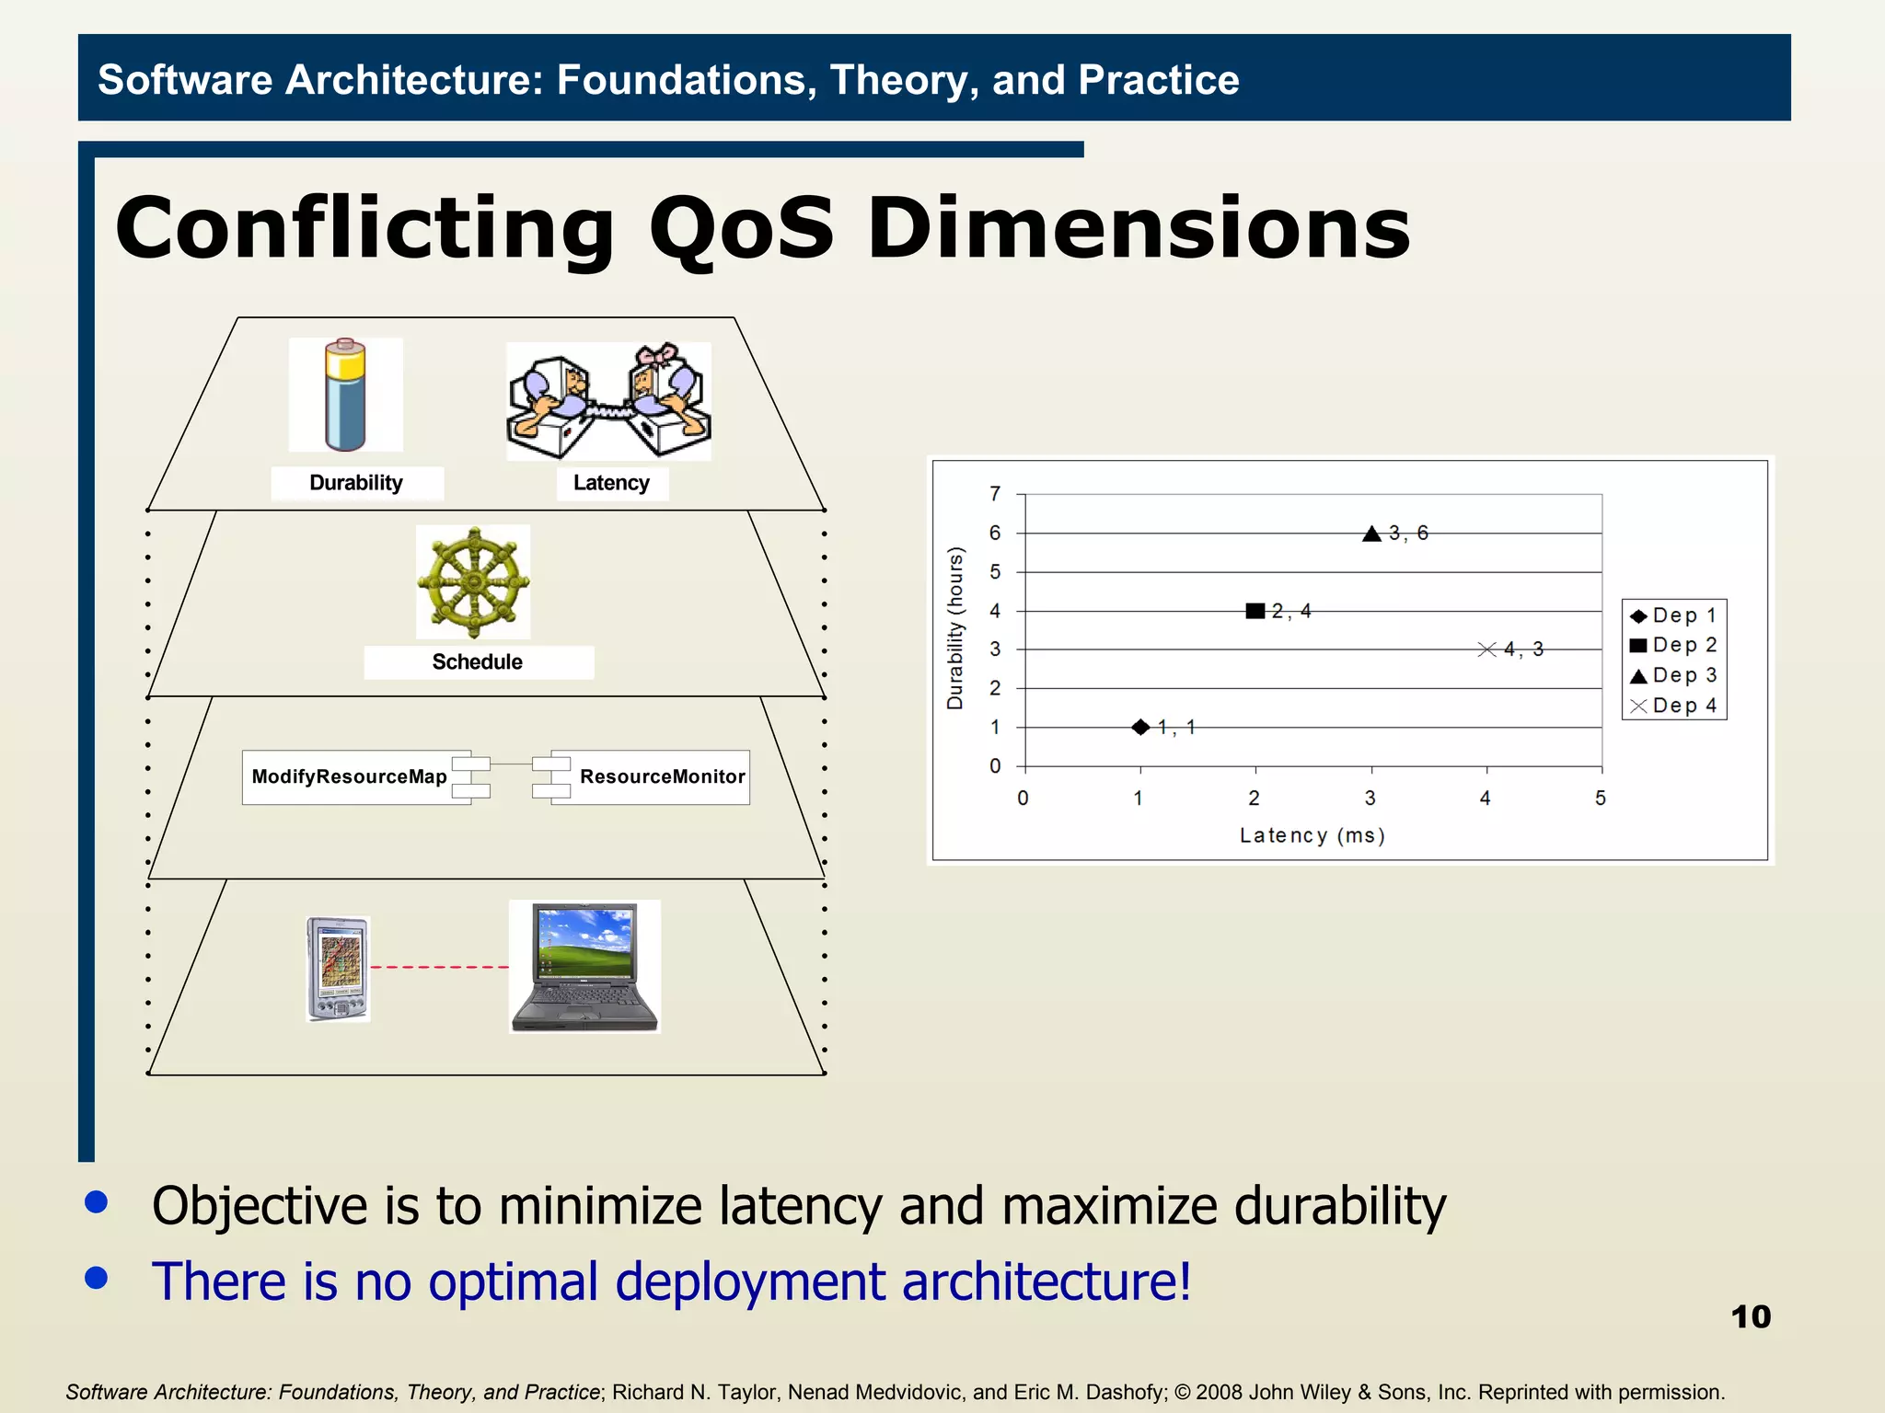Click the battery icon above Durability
tap(346, 395)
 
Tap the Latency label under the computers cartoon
tap(611, 483)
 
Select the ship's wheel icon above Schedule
tap(473, 582)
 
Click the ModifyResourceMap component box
tap(350, 777)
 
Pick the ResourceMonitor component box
tap(662, 777)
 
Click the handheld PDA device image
tap(338, 969)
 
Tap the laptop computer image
tap(584, 967)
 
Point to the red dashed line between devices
tap(439, 968)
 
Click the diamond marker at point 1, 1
tap(1140, 728)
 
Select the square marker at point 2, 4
tap(1255, 611)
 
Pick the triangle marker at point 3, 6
tap(1371, 534)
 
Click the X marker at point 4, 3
tap(1486, 649)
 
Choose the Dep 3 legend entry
tap(1674, 675)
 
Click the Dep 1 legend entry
tap(1674, 615)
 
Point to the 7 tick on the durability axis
tap(995, 494)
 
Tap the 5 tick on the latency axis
tap(1601, 798)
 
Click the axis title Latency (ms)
tap(1312, 835)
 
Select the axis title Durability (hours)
tap(955, 629)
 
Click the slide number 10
tap(1750, 1316)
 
